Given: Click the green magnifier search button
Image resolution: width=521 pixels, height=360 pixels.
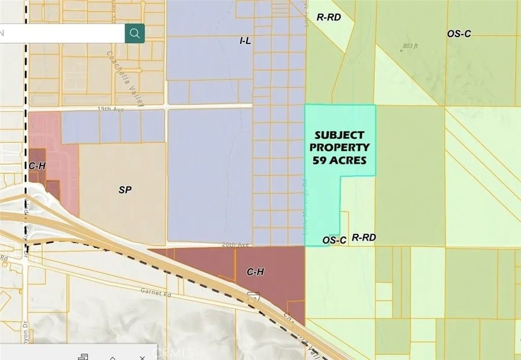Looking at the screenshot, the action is (x=135, y=34).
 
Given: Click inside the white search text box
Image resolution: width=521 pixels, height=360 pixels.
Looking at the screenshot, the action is (x=61, y=34).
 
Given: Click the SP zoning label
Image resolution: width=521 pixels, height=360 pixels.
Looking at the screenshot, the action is (x=125, y=190).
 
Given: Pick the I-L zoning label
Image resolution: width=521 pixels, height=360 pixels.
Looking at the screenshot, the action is (x=245, y=41).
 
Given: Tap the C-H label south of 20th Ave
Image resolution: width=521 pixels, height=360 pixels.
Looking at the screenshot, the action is (x=255, y=272).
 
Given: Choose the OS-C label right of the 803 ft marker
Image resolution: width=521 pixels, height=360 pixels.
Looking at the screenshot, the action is (x=459, y=34).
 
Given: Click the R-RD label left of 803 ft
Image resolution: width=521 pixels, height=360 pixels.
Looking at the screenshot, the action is (x=328, y=17).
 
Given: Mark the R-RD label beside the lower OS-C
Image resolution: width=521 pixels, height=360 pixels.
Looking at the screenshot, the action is (x=363, y=237).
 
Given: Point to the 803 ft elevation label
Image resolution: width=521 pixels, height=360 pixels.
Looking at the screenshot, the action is (x=410, y=46).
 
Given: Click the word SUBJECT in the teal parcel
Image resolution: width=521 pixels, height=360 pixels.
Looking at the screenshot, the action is (x=339, y=135).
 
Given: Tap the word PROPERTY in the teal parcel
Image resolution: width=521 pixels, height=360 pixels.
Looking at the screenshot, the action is (x=339, y=148).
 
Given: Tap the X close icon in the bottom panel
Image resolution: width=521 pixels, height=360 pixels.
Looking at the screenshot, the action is (x=142, y=357).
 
